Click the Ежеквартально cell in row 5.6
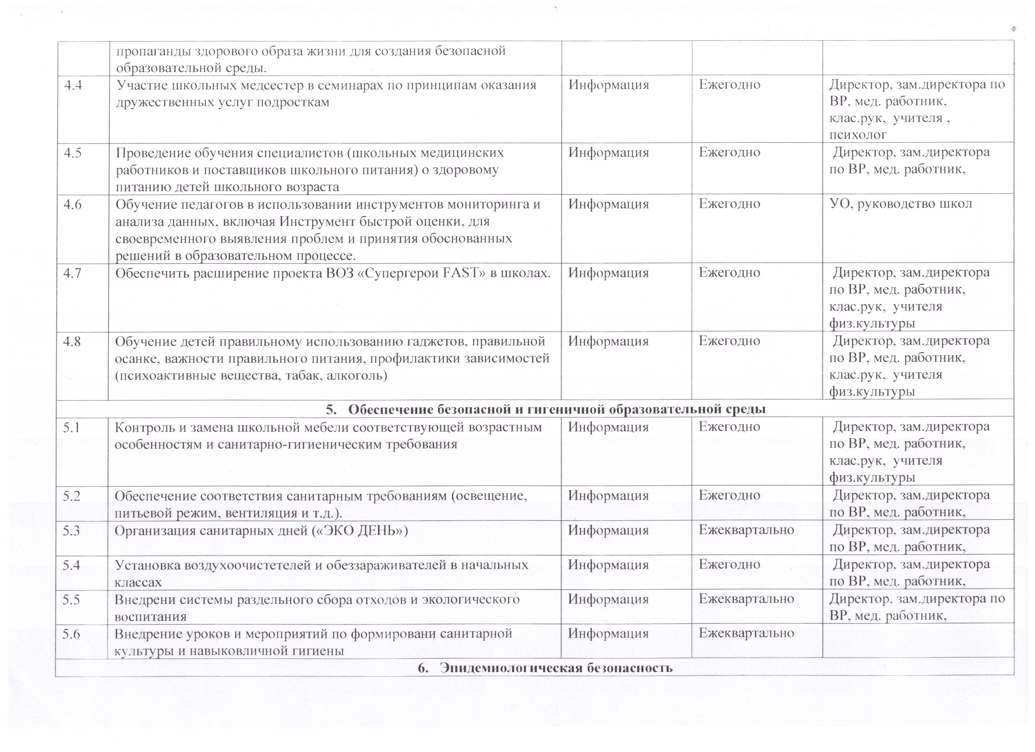click(x=746, y=633)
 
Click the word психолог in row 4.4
click(x=858, y=134)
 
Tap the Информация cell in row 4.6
click(x=608, y=204)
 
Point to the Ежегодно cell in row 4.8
click(x=729, y=341)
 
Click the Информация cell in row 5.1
click(x=608, y=427)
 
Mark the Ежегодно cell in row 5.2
click(x=729, y=495)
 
